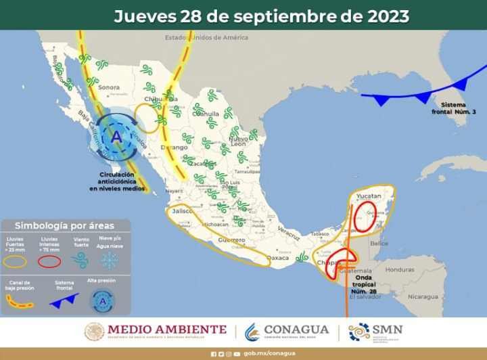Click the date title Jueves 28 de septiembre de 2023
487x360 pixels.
coord(261,16)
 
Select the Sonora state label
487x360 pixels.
coord(108,87)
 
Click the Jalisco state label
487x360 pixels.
coord(183,211)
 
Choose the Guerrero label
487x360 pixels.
coord(232,240)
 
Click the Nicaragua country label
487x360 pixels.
coord(422,297)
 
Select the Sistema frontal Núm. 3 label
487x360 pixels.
coord(458,108)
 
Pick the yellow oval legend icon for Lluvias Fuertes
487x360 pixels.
coord(16,261)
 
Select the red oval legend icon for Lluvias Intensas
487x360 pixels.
coord(49,261)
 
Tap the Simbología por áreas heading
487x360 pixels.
coord(64,225)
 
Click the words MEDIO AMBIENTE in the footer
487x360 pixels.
coord(166,330)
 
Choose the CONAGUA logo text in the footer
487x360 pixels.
coord(296,330)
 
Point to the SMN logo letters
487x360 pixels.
coord(387,330)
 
